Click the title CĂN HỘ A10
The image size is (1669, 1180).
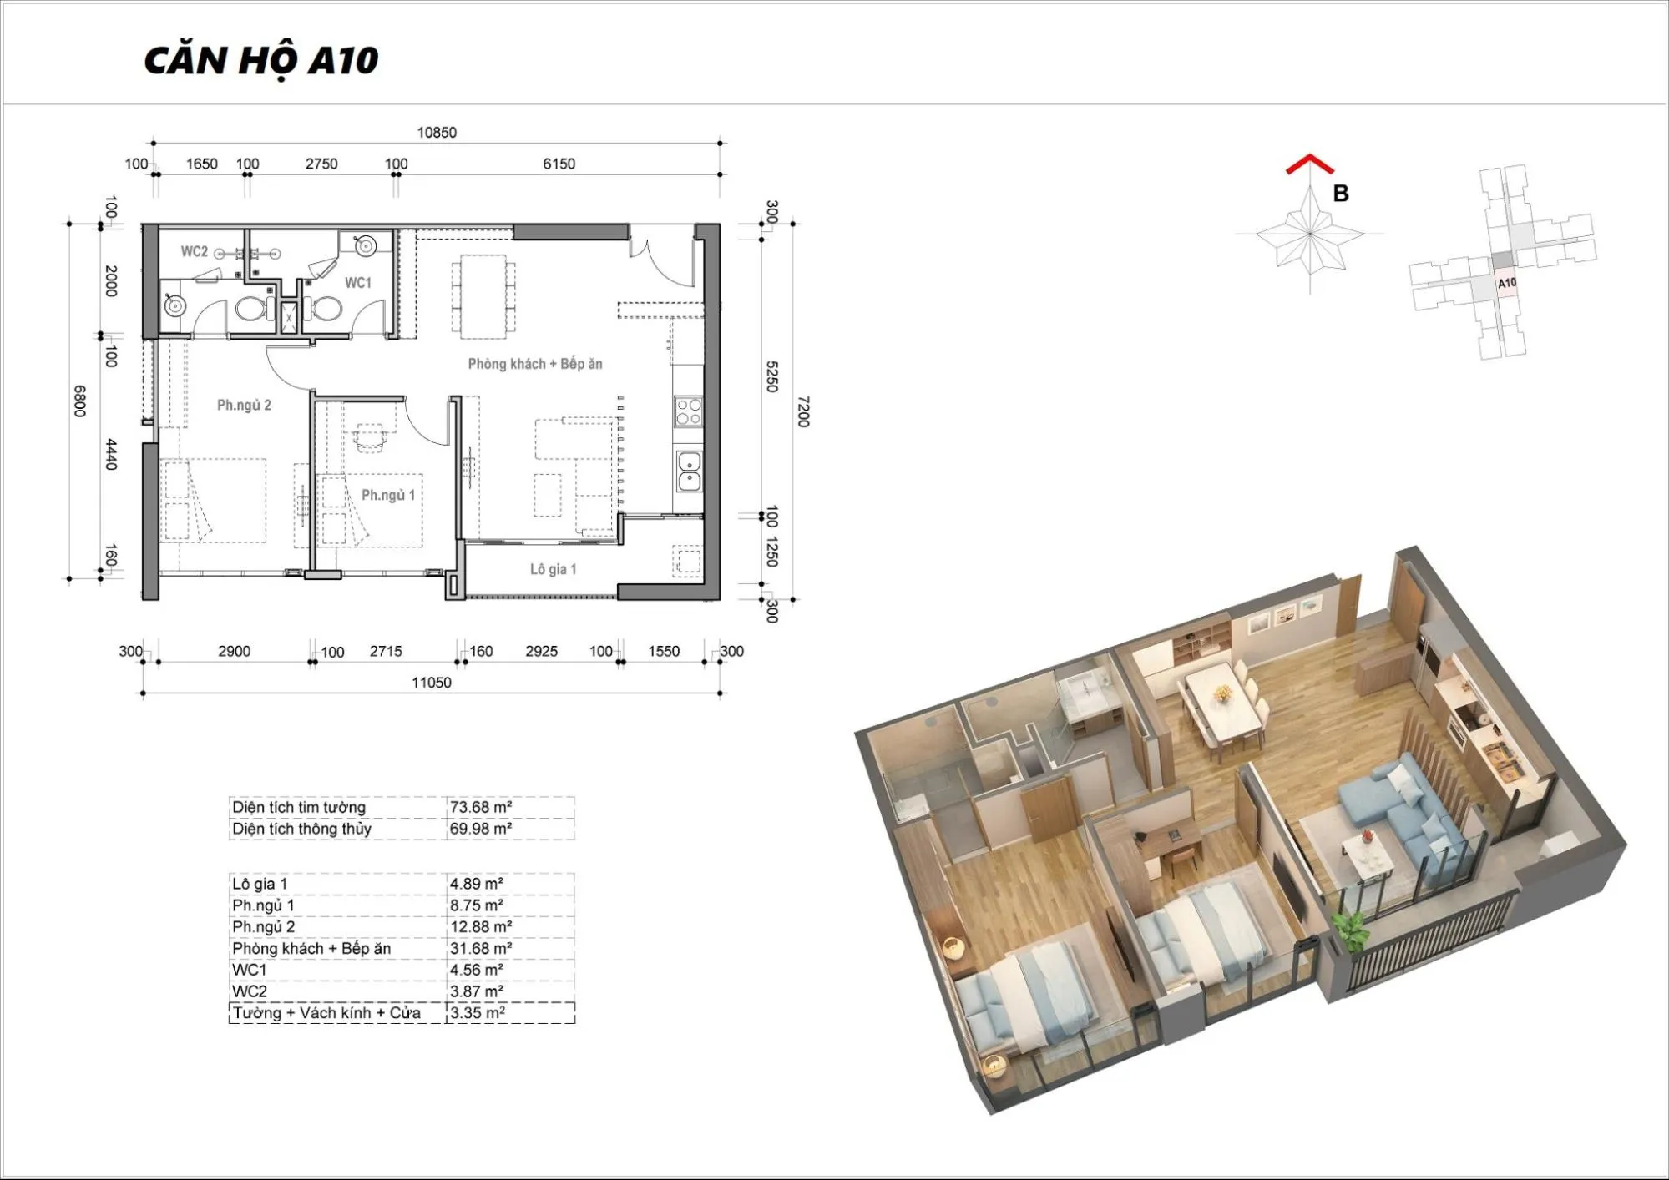pos(261,61)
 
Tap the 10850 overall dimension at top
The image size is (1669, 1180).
pos(437,133)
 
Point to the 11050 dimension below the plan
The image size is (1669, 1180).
pos(432,683)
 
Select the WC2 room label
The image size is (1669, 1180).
pos(195,251)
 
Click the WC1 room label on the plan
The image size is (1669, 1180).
pos(358,283)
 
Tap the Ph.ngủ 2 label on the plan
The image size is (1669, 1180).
pos(244,406)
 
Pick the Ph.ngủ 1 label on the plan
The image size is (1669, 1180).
pos(388,496)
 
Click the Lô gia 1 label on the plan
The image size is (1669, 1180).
pos(554,569)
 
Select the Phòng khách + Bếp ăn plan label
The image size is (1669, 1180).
pos(535,364)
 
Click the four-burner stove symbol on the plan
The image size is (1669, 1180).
pos(689,411)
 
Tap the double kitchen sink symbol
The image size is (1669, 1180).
pos(689,471)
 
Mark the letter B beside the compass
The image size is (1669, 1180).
pos(1341,194)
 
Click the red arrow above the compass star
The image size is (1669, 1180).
pos(1310,164)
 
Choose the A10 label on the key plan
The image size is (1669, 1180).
pos(1507,283)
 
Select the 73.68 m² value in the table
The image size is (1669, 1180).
pos(481,807)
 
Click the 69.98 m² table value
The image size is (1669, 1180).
pos(481,829)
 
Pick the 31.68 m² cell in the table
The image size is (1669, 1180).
pos(481,949)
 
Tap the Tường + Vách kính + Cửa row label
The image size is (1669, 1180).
pos(326,1013)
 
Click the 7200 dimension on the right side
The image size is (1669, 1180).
pos(803,411)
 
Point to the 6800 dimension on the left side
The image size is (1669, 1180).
pos(79,401)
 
